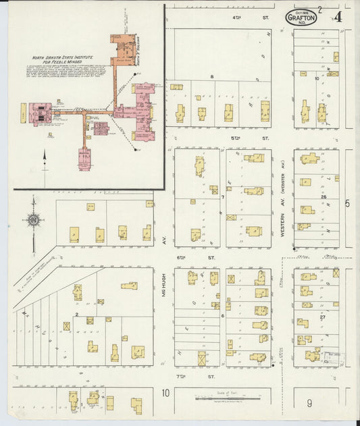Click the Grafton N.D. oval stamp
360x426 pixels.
coord(301,17)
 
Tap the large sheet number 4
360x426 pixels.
coord(337,17)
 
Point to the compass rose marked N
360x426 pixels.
coord(32,219)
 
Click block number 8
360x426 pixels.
coord(211,77)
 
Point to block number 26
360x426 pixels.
coord(324,197)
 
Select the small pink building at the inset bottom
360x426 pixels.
coord(84,159)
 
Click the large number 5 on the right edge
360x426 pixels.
coord(347,203)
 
